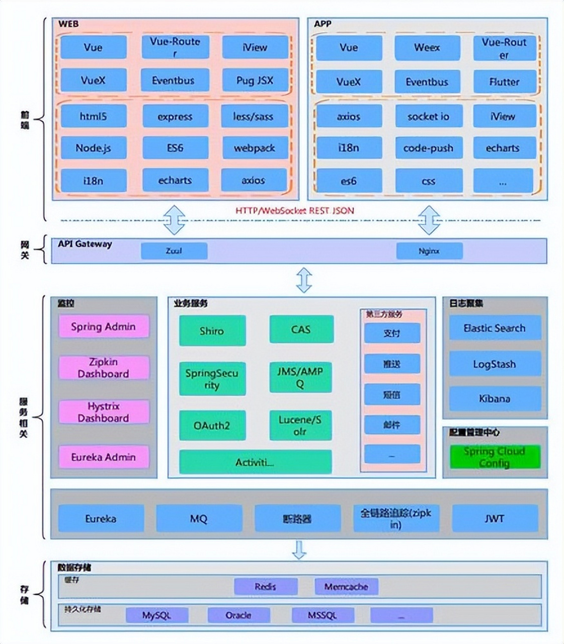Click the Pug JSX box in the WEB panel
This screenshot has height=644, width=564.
pos(255,80)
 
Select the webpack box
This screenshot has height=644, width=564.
pos(255,148)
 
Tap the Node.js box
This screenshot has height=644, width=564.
pos(94,148)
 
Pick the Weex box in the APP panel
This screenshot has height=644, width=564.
pos(427,48)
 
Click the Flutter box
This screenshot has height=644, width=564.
pos(504,81)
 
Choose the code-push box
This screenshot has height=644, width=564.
pos(428,148)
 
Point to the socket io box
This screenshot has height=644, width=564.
pos(428,116)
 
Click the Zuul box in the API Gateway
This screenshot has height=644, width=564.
pos(174,251)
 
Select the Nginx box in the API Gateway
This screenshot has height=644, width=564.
pos(429,251)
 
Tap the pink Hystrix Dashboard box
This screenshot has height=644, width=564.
pos(104,412)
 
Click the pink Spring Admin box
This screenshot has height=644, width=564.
pos(104,327)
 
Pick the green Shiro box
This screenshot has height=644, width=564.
pos(212,331)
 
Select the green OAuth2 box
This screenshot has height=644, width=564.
pos(212,425)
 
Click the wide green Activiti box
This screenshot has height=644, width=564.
pos(255,462)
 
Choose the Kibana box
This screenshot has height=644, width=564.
pos(495,398)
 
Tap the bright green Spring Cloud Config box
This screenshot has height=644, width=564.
pos(495,457)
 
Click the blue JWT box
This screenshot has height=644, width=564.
pos(495,518)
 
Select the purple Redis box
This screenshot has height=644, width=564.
pos(265,586)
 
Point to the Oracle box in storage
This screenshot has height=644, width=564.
pos(238,615)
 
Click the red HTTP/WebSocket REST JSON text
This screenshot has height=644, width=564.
pos(295,210)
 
